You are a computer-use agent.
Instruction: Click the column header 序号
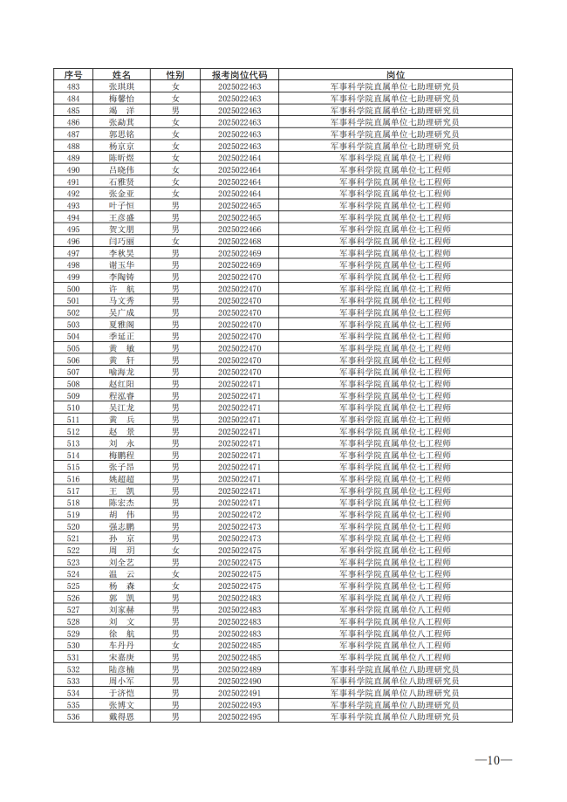coord(73,75)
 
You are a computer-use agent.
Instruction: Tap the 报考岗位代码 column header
coord(239,75)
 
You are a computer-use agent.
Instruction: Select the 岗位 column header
coord(395,75)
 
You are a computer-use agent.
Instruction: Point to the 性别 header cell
coord(175,75)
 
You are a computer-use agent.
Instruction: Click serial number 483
coord(73,87)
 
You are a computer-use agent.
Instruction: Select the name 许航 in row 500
coord(121,289)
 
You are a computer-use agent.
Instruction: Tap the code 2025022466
coord(239,230)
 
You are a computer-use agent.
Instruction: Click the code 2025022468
coord(239,241)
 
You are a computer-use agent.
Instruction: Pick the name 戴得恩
coord(121,716)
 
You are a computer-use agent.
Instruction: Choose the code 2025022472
coord(239,515)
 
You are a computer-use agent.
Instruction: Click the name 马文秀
coord(121,301)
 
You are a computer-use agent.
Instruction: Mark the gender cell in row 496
coord(175,241)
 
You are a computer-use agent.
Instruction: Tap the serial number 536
coord(73,716)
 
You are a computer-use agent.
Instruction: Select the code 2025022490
coord(239,681)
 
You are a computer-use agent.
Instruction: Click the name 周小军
coord(121,681)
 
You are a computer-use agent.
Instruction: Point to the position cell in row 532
coord(395,669)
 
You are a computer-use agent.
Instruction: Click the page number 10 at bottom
coord(493,760)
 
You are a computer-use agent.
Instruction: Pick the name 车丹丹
coord(121,645)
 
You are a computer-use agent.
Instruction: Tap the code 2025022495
coord(239,716)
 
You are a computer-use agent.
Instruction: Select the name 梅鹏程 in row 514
coord(121,456)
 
